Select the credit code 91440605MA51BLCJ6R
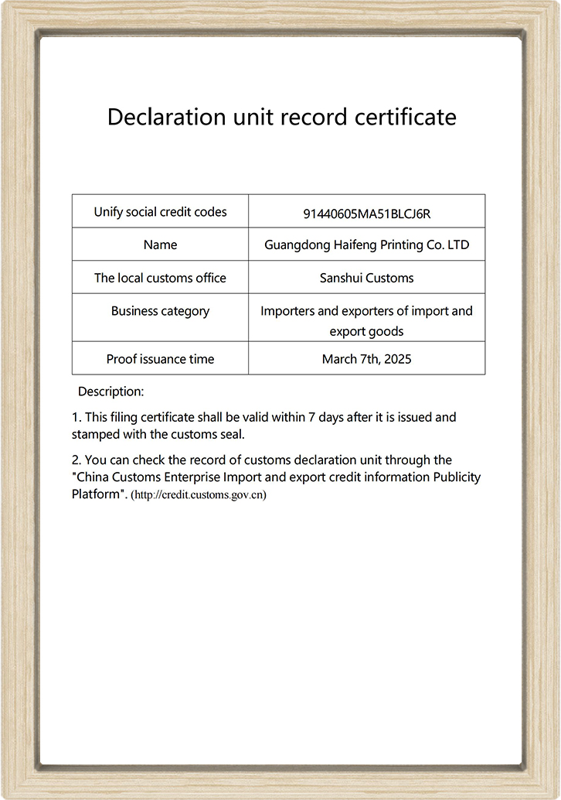pos(367,213)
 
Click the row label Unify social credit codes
pos(160,211)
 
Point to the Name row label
pos(160,244)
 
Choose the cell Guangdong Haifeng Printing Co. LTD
pos(367,244)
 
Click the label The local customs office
pos(160,278)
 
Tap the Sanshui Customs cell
pos(367,278)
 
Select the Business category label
pos(160,311)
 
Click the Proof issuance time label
pos(160,359)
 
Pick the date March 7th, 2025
pos(367,359)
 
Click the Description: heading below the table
pos(111,391)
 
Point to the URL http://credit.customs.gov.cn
pos(199,495)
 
